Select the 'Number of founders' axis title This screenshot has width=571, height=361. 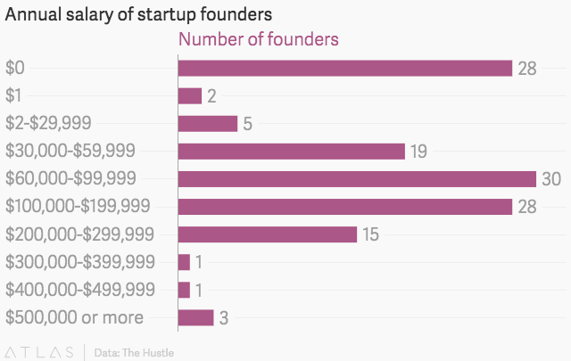pos(259,40)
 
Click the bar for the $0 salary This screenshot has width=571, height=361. pos(344,69)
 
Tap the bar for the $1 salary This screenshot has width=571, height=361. pos(190,96)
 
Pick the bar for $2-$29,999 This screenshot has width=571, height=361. pos(208,124)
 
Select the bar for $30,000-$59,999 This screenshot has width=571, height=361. pos(292,152)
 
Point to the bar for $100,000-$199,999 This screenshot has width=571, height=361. pos(344,207)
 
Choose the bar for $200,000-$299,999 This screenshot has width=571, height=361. pos(268,234)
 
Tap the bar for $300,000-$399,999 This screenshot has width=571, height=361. pos(184,262)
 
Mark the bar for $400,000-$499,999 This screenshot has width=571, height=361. pos(184,290)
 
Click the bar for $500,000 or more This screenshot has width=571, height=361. pos(196,317)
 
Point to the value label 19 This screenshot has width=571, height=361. pos(418,152)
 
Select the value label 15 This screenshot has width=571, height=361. pos(371,234)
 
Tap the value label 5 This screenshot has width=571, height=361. pos(247,124)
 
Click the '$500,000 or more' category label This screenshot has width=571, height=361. pos(74,317)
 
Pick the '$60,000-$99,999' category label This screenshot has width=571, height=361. pos(70,179)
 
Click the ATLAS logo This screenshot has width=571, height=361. pos(41,352)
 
